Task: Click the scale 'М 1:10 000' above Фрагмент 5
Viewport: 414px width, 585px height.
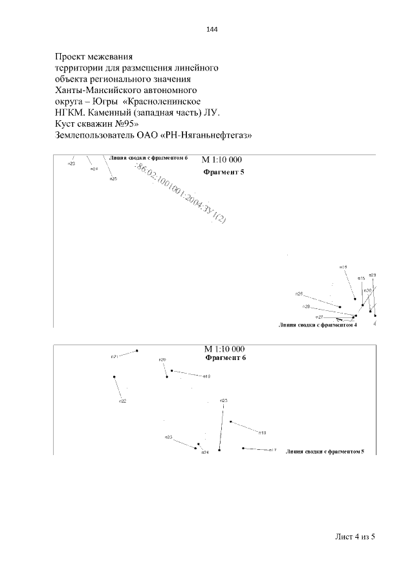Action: click(x=223, y=160)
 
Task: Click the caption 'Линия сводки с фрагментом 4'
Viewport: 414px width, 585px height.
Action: click(x=318, y=325)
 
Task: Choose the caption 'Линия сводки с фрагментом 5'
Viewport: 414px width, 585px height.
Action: click(x=325, y=451)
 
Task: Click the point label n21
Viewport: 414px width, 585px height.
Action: click(x=114, y=356)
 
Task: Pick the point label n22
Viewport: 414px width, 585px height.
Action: click(x=122, y=401)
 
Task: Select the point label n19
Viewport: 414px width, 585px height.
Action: click(x=207, y=376)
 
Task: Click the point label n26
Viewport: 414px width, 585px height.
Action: click(x=299, y=294)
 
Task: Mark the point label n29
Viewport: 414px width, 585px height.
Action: click(x=373, y=275)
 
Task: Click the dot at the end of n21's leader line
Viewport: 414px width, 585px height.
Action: click(x=138, y=351)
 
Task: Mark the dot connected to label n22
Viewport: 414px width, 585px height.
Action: click(x=114, y=376)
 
